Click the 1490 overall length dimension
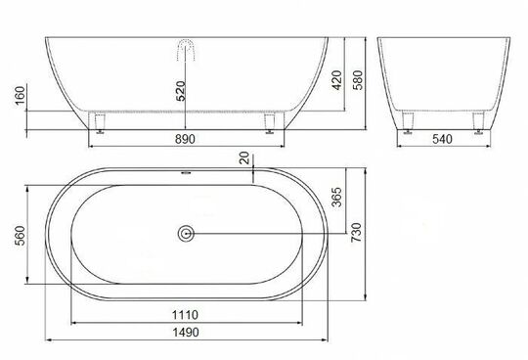coord(186,333)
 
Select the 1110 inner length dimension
coord(185,315)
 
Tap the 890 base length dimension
coord(185,139)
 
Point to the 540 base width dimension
coord(442,139)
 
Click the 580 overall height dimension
coord(358,80)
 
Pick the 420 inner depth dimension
coord(337,80)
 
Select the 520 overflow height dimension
coord(181,91)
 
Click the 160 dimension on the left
coord(21,96)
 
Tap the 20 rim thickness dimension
coord(244,157)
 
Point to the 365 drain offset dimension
coord(336,197)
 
